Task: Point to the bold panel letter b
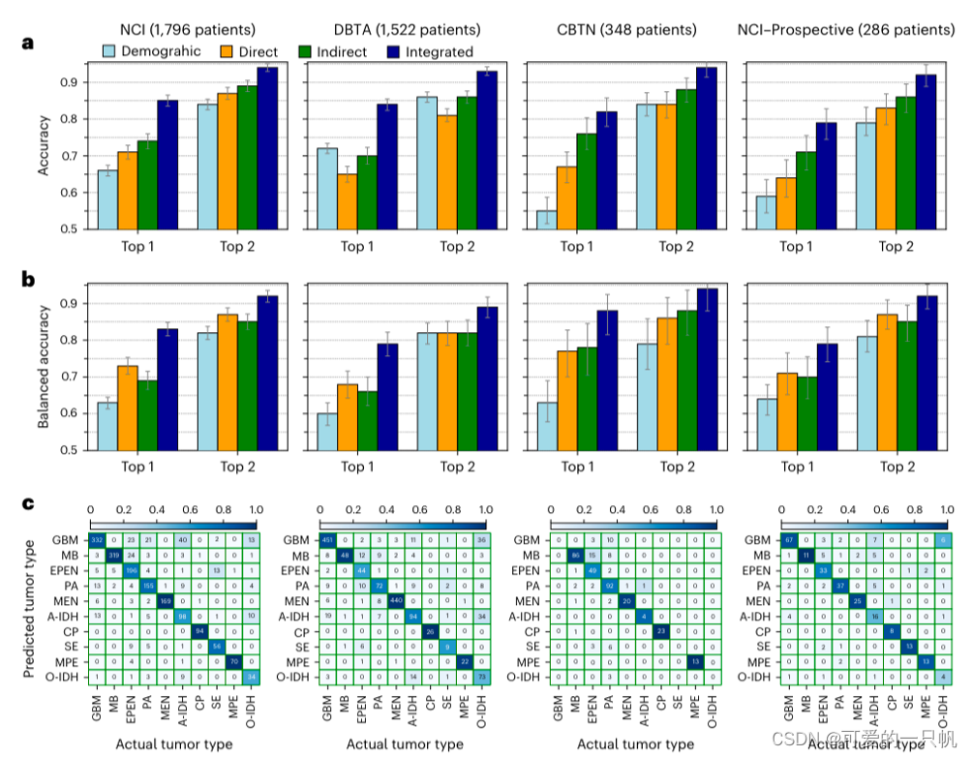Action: pos(30,280)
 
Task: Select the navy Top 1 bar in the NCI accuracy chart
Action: pos(167,165)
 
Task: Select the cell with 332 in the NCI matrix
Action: pos(98,538)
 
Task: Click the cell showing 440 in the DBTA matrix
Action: pos(396,600)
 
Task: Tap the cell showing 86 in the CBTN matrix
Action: pos(575,555)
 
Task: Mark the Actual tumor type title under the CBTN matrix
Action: pos(635,743)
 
